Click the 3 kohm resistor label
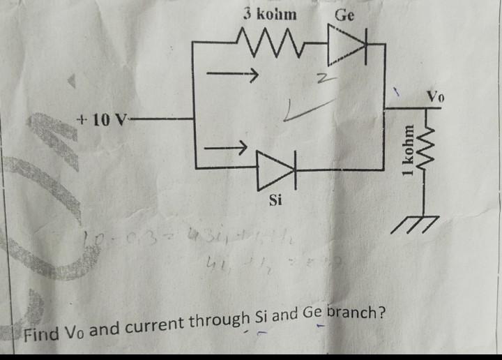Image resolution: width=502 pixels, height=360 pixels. (269, 14)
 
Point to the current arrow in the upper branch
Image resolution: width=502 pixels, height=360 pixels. (234, 72)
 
